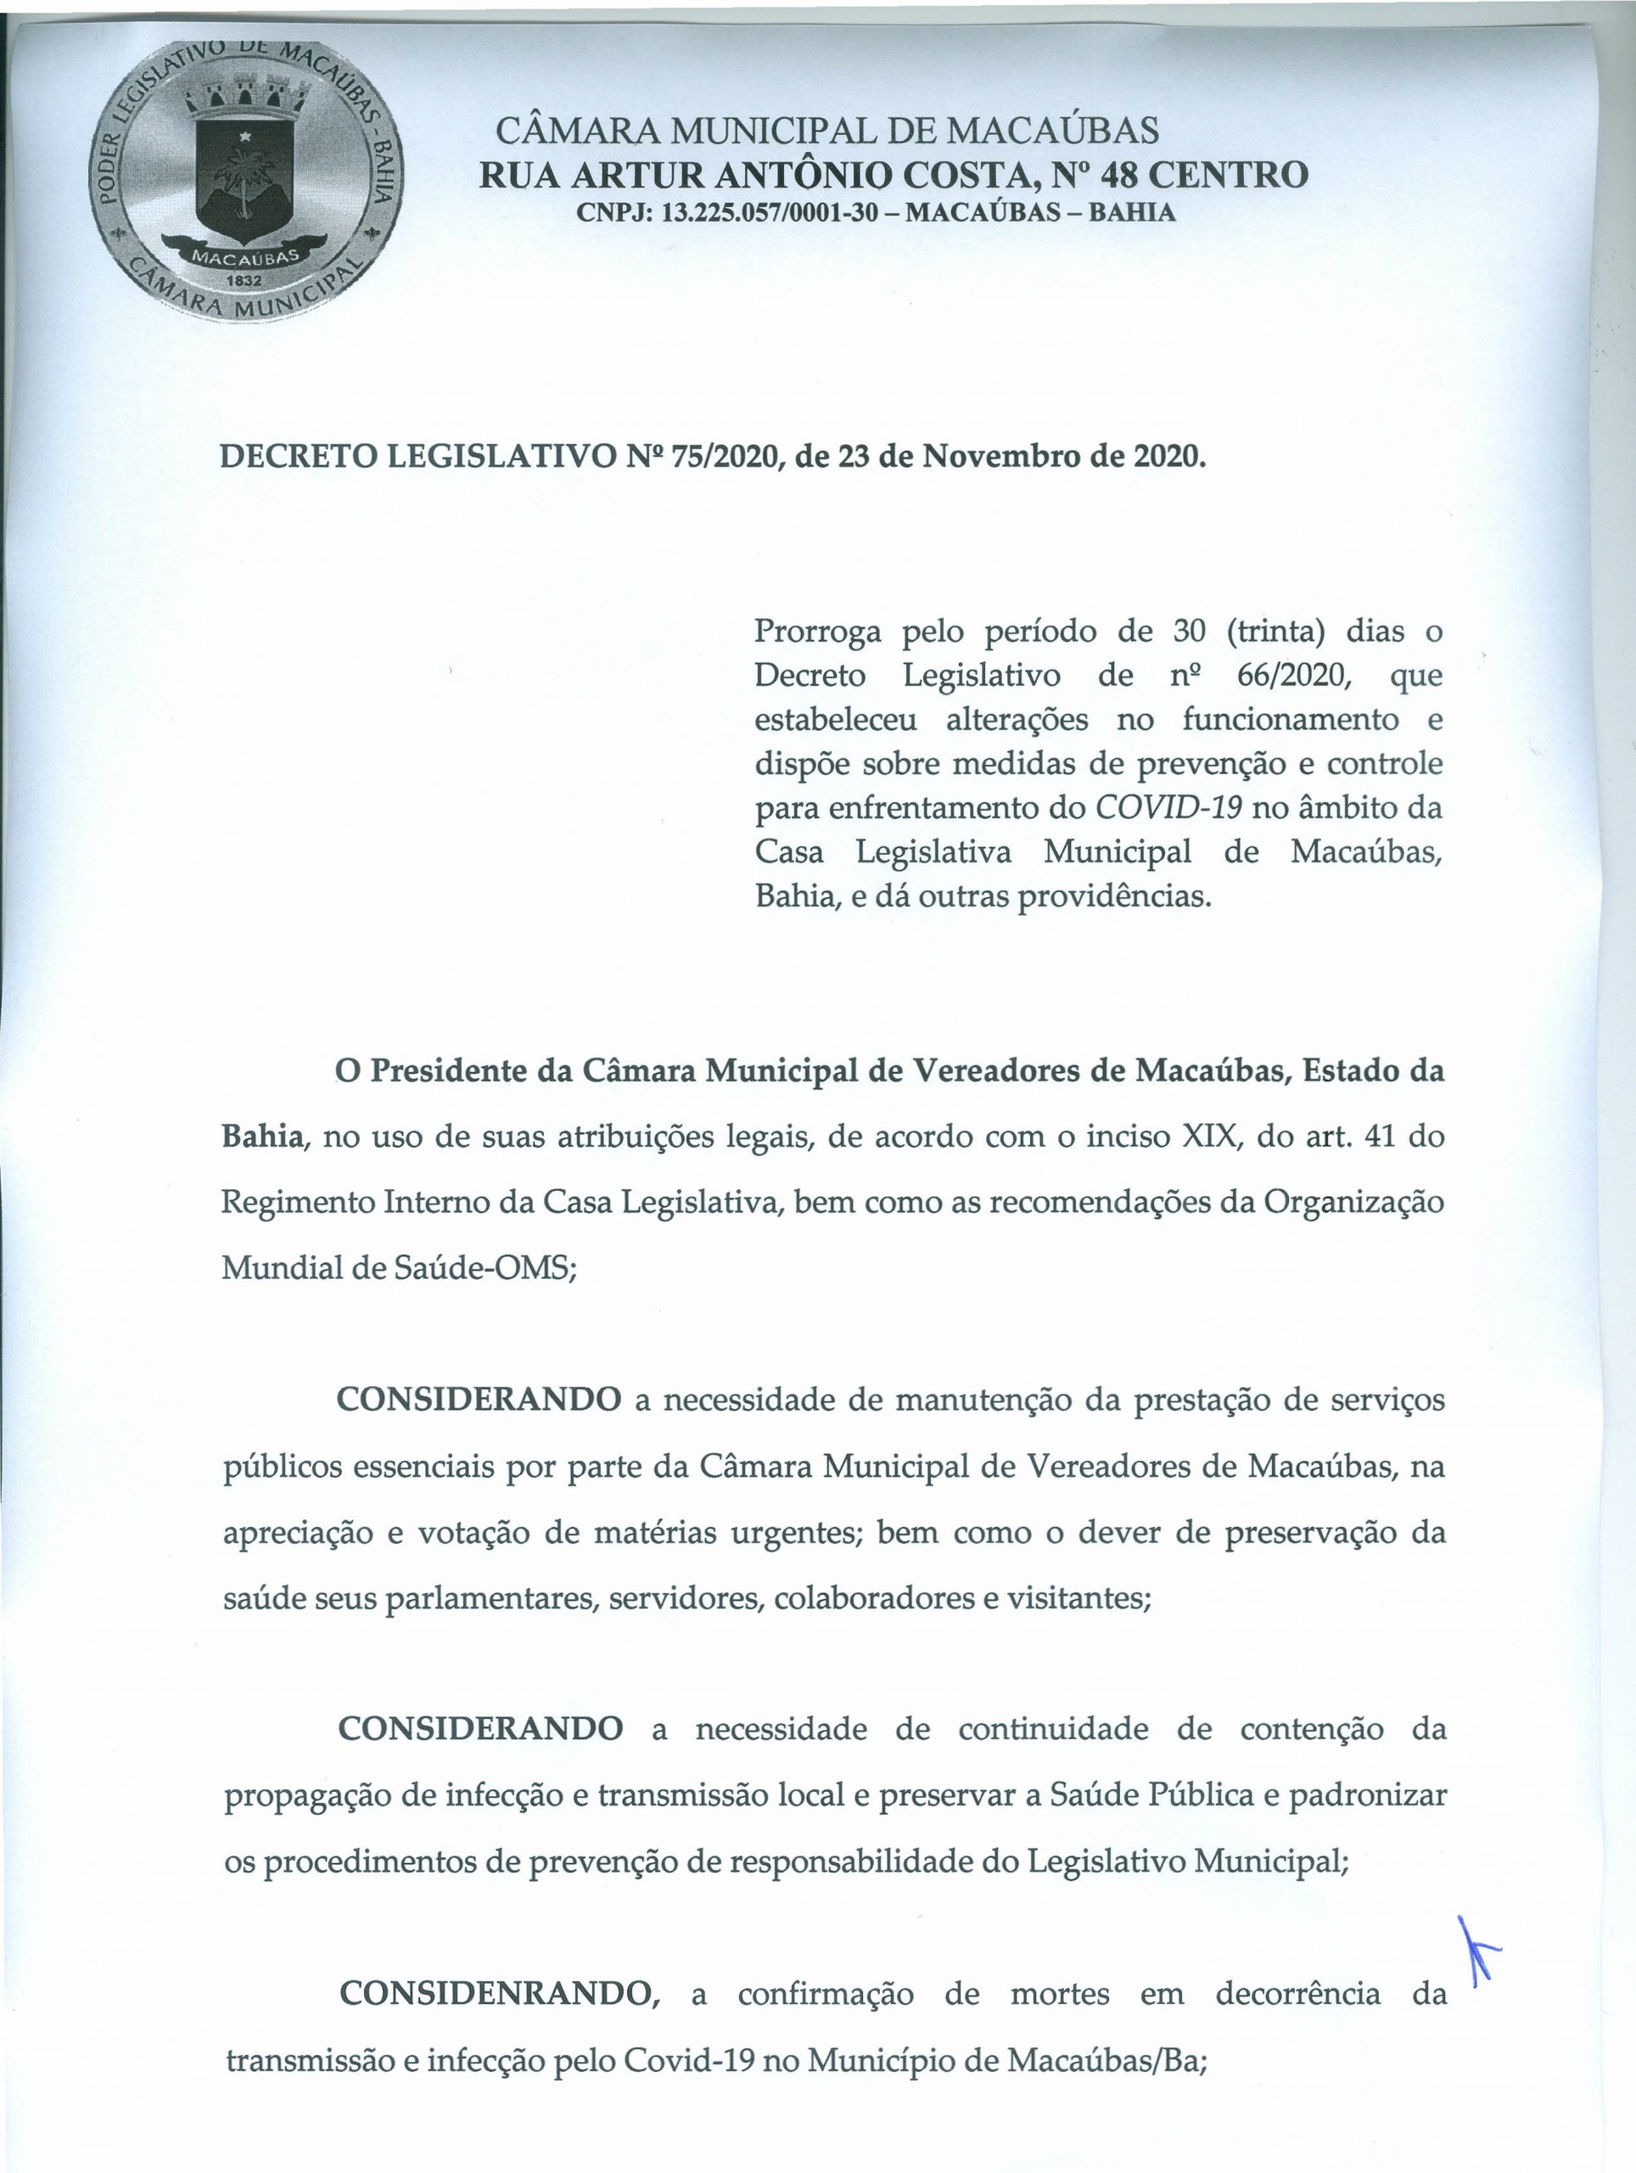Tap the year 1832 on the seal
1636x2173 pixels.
pos(244,279)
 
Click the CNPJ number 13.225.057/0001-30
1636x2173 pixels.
pos(768,212)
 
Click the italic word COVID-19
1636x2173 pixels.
pos(1168,807)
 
